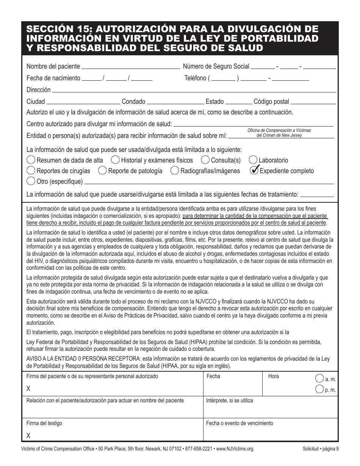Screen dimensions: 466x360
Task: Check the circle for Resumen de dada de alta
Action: pyautogui.click(x=31, y=160)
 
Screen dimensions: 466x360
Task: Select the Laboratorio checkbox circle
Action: pyautogui.click(x=253, y=160)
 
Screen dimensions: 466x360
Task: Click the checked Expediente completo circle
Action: pyautogui.click(x=254, y=170)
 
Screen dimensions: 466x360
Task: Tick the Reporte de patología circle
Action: pyautogui.click(x=102, y=170)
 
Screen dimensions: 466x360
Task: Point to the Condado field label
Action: pyautogui.click(x=133, y=102)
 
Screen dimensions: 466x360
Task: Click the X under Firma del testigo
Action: pyautogui.click(x=28, y=436)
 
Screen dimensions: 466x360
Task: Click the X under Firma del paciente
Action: pyautogui.click(x=28, y=389)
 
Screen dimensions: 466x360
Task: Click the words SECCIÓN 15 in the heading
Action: pyautogui.click(x=56, y=30)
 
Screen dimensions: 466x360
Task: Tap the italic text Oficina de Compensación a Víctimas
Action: pyautogui.click(x=279, y=130)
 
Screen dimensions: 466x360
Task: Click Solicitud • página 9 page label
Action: pyautogui.click(x=320, y=449)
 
